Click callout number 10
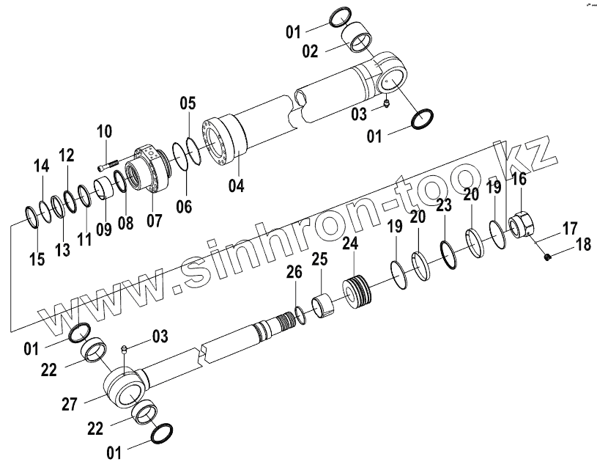[x=104, y=132]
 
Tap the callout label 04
[x=235, y=186]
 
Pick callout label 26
[x=294, y=273]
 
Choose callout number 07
[x=154, y=220]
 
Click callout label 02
[x=310, y=51]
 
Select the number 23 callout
[x=444, y=206]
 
